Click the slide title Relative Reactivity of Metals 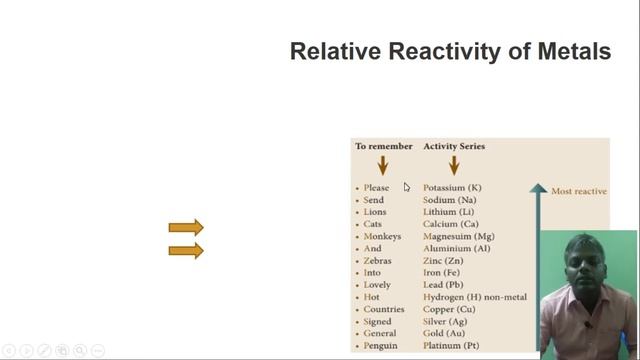tap(450, 51)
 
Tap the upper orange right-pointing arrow tap(186, 228)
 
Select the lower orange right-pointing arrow tap(186, 250)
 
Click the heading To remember tap(383, 146)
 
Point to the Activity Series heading tap(454, 146)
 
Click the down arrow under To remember tap(382, 165)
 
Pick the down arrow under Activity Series tap(454, 165)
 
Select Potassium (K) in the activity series tap(452, 188)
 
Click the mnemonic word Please tap(377, 188)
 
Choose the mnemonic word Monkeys tap(382, 237)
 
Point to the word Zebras tap(378, 261)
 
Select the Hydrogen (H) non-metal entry tap(475, 297)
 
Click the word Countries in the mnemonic tap(384, 309)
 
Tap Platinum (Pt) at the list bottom tap(451, 345)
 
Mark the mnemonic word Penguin tap(380, 345)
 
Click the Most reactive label tap(578, 190)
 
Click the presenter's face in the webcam tap(583, 269)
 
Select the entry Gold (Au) tap(444, 333)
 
